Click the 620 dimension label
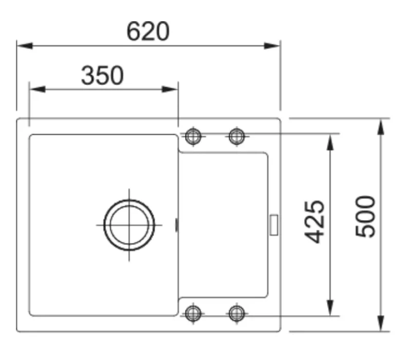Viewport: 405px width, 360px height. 148,31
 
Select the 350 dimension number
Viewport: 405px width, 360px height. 103,75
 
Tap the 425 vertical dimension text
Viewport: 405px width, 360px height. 315,222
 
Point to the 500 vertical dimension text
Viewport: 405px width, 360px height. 365,217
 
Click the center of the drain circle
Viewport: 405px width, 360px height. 129,225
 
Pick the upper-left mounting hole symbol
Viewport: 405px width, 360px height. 193,136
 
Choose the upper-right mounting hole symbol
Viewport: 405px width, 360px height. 236,136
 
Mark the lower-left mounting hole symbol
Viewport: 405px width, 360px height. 193,314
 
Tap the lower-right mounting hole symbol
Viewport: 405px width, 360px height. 236,314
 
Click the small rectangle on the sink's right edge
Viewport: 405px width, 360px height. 274,225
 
